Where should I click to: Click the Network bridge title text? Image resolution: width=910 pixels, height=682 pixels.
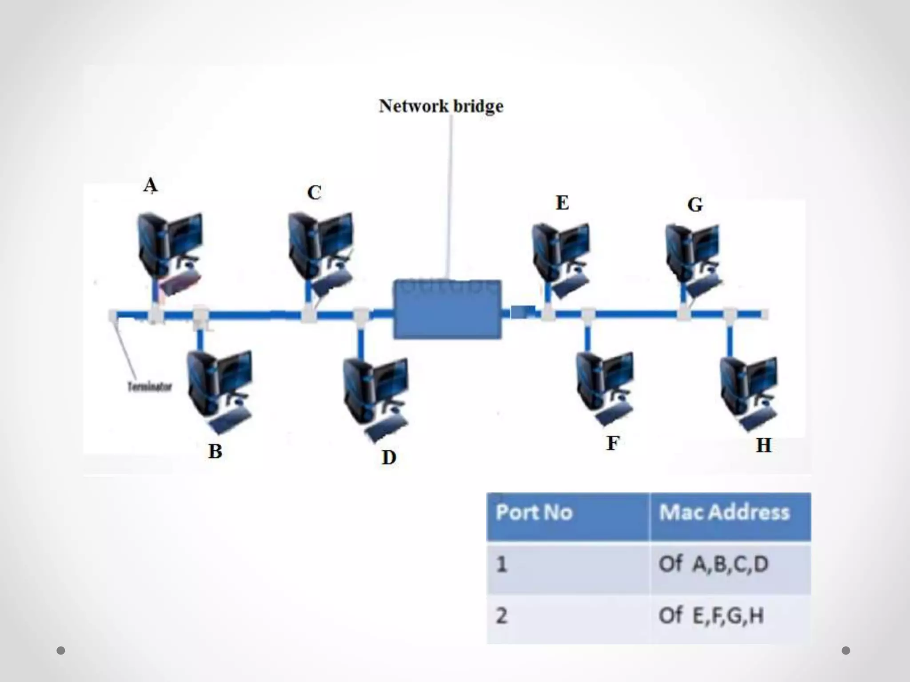point(441,106)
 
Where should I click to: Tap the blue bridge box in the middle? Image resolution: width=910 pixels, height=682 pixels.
point(447,309)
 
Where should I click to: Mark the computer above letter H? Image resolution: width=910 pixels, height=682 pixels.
point(749,391)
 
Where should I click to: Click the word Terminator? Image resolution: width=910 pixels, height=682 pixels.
point(149,387)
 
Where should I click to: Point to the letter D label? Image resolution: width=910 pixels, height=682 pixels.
point(389,457)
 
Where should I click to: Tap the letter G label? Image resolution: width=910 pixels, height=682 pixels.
point(695,205)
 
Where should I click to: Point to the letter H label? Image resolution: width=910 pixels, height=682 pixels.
point(763,445)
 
